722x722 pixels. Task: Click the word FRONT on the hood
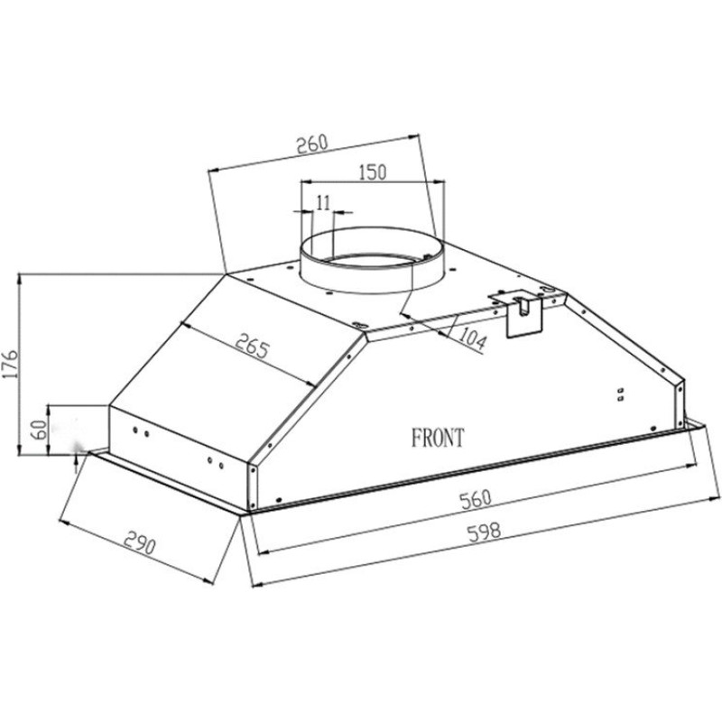(x=438, y=438)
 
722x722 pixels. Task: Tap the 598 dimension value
(x=484, y=532)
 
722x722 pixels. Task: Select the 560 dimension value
(x=477, y=500)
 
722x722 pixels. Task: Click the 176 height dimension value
(x=10, y=364)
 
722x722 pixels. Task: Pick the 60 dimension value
(x=40, y=430)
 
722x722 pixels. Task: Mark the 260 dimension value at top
(x=311, y=144)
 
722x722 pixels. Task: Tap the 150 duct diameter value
(x=373, y=172)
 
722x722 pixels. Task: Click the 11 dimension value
(x=324, y=202)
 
